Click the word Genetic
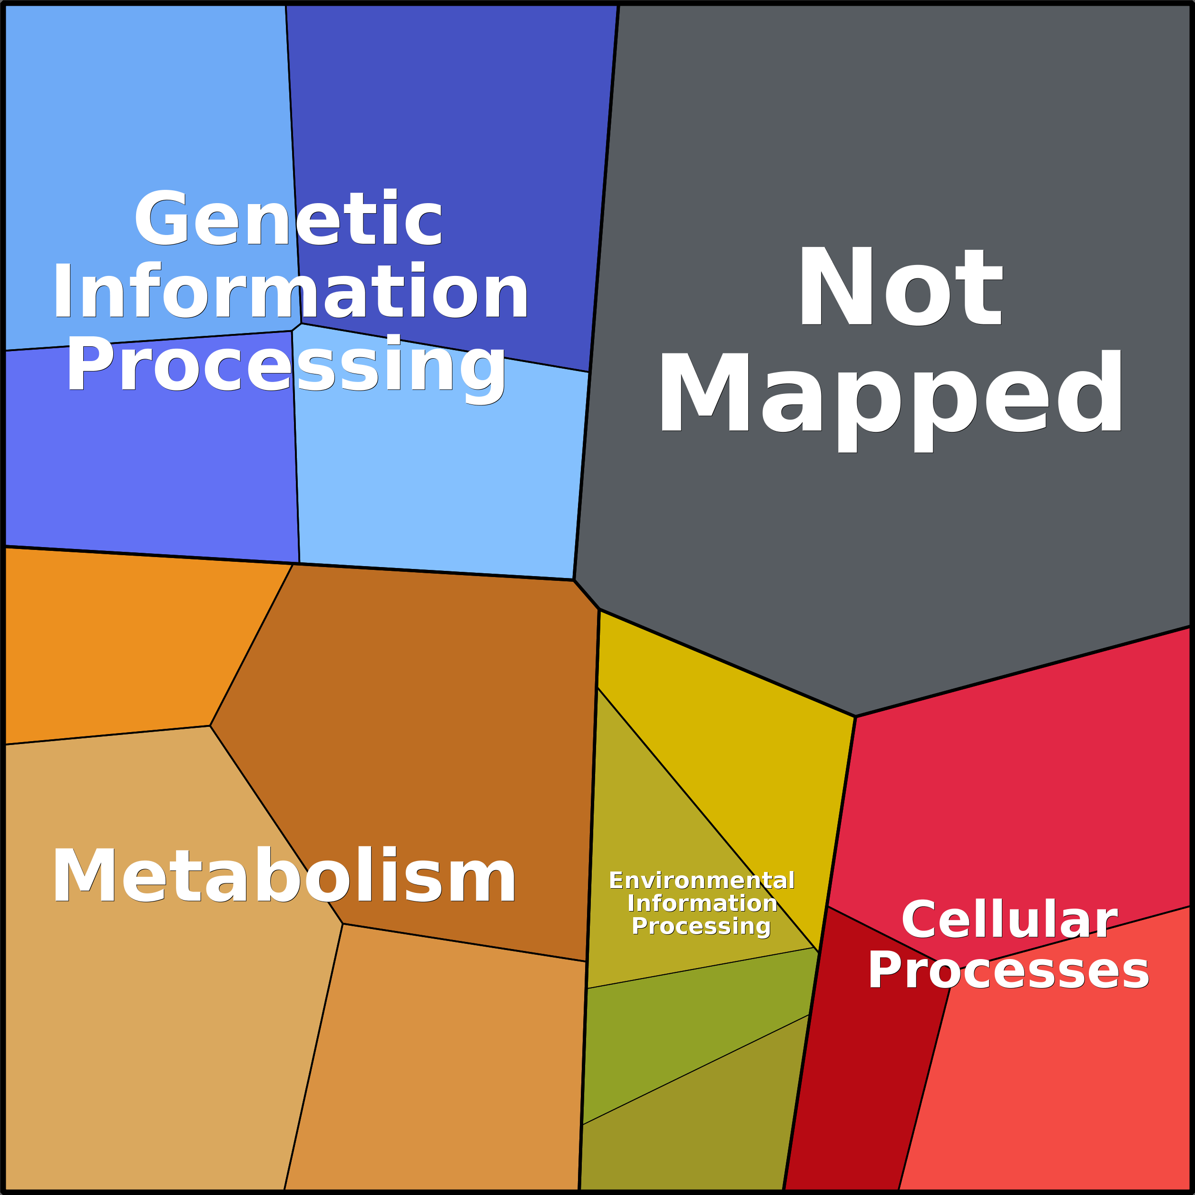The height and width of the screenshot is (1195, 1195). coord(288,218)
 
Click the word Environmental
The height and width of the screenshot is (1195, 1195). coord(701,880)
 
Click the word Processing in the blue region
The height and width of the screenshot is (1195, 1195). coord(286,365)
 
